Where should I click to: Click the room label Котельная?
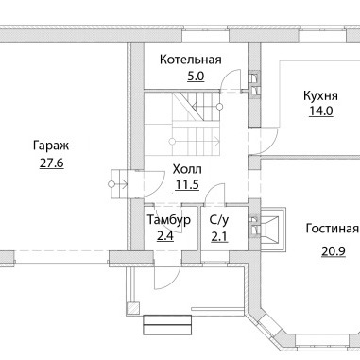191,60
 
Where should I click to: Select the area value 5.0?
196,77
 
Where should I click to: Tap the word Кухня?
320,95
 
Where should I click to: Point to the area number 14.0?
320,111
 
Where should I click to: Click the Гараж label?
51,146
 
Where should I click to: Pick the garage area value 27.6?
52,163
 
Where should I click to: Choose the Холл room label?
187,169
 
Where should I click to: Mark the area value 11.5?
187,185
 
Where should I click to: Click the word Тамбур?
169,220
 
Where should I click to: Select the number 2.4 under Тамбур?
165,236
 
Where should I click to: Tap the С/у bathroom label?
219,220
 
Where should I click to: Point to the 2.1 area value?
219,236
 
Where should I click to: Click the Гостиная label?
333,229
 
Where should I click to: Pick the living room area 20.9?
334,251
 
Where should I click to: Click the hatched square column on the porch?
132,308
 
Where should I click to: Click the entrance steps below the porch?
167,324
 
